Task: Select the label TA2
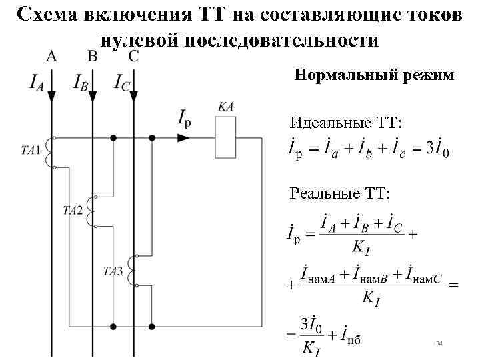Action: tap(73, 211)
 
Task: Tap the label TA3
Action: tap(113, 271)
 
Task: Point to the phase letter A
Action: tap(51, 56)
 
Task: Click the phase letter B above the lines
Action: tap(93, 56)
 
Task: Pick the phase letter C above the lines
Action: tap(133, 56)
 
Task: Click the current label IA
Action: tap(37, 83)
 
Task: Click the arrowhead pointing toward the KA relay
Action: tap(183, 138)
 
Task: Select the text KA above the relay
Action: tap(225, 107)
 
